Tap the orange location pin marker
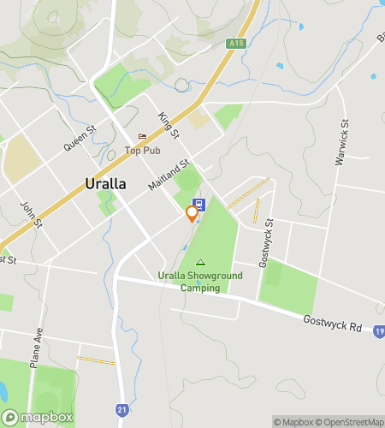[x=192, y=214]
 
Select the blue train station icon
[x=198, y=205]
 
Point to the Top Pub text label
[x=143, y=151]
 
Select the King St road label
[x=168, y=124]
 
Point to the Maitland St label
[x=168, y=175]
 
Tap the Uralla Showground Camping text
[x=200, y=282]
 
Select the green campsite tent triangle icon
[x=201, y=263]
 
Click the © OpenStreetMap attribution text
[x=349, y=421]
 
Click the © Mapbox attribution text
[x=293, y=421]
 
